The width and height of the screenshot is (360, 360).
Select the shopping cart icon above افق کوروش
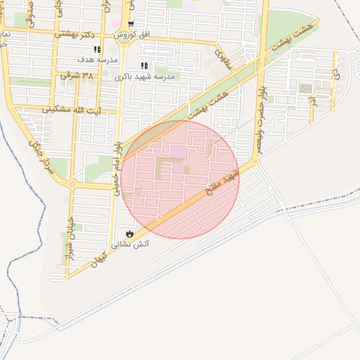pyautogui.click(x=131, y=24)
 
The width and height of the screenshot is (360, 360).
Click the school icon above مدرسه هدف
pyautogui.click(x=97, y=49)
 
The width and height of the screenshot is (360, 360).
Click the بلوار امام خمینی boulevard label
pyautogui.click(x=117, y=164)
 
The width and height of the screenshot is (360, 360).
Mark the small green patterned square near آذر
pyautogui.click(x=305, y=88)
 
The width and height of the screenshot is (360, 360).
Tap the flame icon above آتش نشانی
pyautogui.click(x=129, y=233)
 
